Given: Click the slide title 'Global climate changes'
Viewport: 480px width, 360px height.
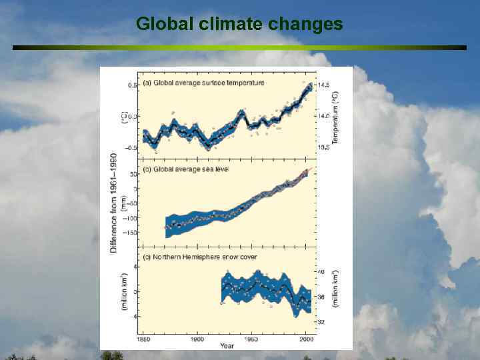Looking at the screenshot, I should pyautogui.click(x=239, y=25).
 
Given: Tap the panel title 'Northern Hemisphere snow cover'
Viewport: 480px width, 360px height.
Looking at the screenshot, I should pyautogui.click(x=202, y=257).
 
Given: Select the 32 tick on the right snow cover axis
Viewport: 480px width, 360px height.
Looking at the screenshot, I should pyautogui.click(x=320, y=322).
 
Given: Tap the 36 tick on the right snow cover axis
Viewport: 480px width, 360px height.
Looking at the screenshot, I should pyautogui.click(x=320, y=297).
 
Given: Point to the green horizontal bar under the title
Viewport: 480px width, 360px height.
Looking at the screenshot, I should pyautogui.click(x=239, y=47).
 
